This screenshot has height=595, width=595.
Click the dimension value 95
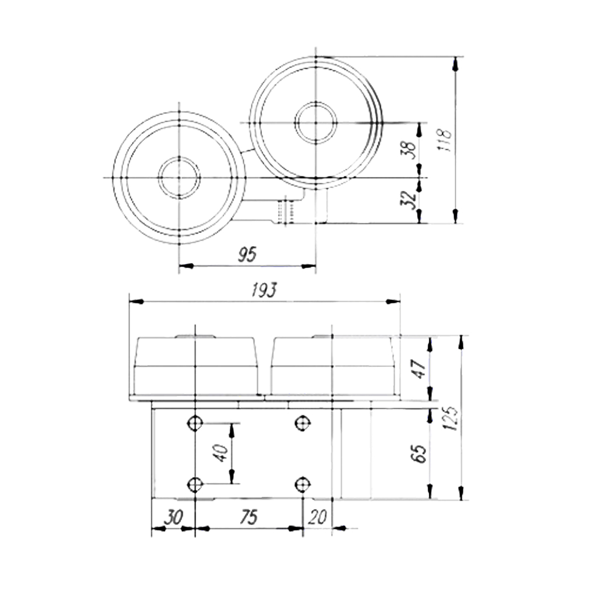pos(247,254)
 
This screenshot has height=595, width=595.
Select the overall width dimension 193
pos(264,290)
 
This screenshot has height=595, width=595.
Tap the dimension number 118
pos(445,140)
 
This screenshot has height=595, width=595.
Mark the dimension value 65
pos(419,453)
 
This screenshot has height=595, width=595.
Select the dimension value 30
pos(174,517)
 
